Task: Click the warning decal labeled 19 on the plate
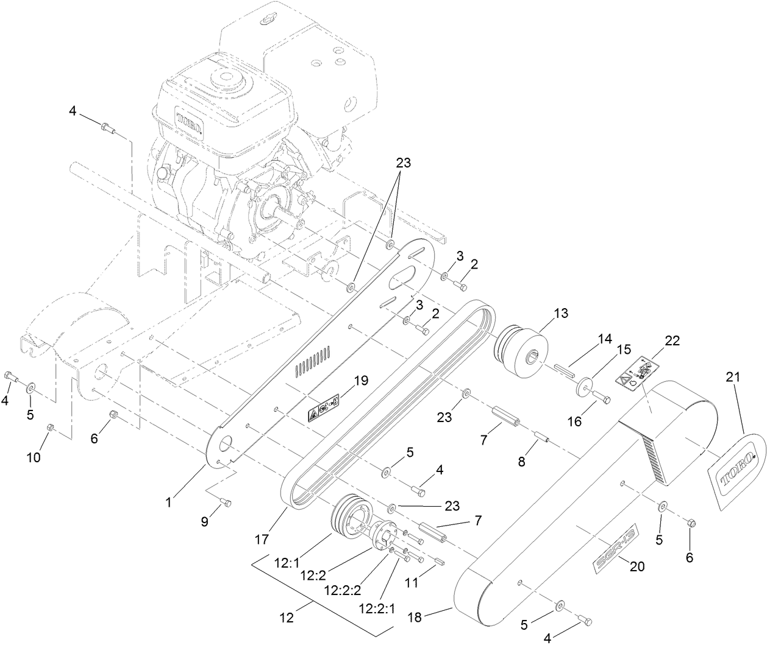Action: click(324, 409)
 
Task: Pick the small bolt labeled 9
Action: click(225, 502)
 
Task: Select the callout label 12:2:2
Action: click(343, 590)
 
